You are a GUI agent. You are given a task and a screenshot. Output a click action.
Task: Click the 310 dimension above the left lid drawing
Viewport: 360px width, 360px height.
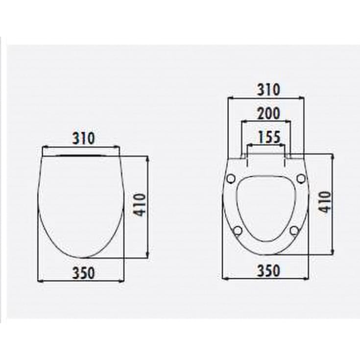84,138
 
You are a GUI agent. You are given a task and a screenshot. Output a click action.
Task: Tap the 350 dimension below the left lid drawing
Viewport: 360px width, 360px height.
84,273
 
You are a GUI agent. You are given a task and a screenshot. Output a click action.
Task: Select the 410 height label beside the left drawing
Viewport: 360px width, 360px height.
140,205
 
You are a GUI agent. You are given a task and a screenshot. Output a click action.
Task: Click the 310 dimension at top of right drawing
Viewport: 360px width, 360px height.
268,90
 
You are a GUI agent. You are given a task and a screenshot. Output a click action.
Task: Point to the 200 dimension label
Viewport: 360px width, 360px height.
268,113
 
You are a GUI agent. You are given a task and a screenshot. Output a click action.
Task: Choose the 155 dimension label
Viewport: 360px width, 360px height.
269,137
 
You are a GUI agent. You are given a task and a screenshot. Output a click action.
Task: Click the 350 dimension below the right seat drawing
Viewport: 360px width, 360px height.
269,271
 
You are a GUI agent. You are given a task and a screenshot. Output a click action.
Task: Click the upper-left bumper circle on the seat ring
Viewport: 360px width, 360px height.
231,178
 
